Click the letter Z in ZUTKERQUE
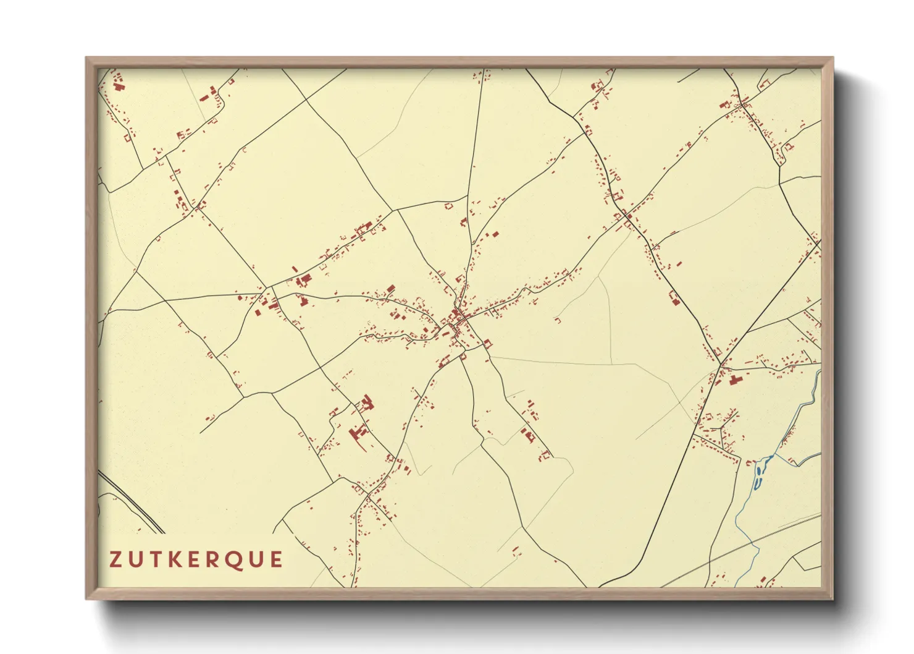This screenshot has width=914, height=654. click(116, 559)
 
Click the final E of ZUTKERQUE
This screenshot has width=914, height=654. click(276, 559)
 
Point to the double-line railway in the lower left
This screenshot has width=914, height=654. click(133, 504)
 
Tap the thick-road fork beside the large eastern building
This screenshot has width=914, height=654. click(720, 365)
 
